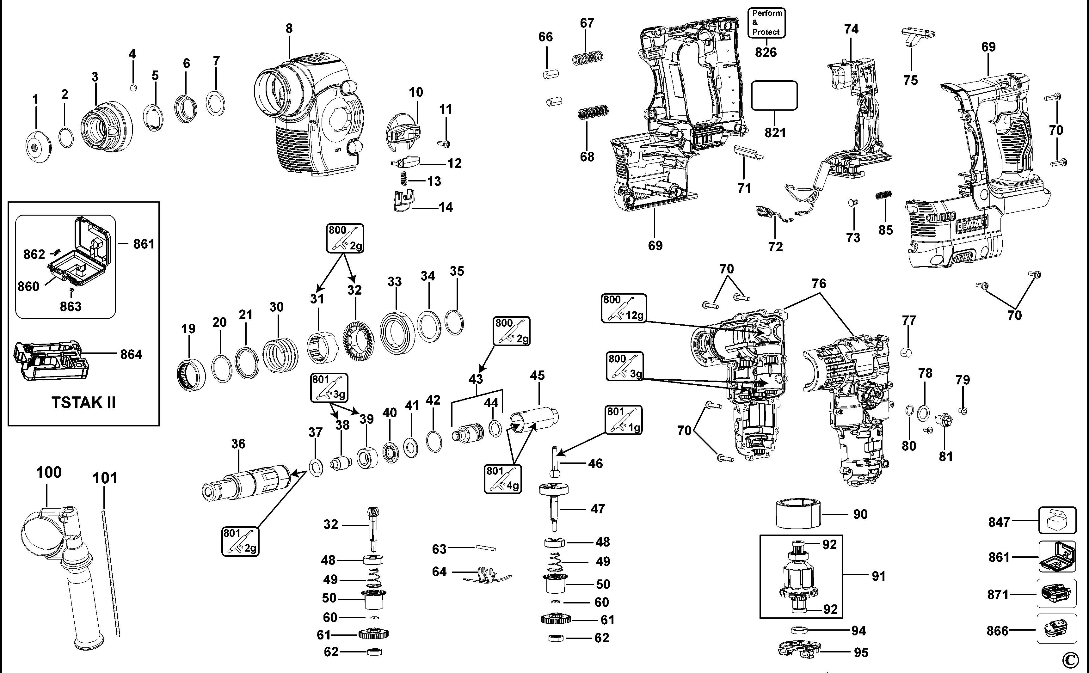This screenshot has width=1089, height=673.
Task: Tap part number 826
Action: (766, 52)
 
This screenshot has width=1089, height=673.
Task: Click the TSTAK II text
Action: (84, 402)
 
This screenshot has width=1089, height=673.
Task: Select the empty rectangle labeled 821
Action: (774, 95)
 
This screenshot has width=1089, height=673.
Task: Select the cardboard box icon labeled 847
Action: (1057, 521)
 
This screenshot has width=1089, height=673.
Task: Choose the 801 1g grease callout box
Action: (623, 420)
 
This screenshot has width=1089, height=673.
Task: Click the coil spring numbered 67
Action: (587, 58)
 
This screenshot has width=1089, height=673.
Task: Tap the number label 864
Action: (131, 354)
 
